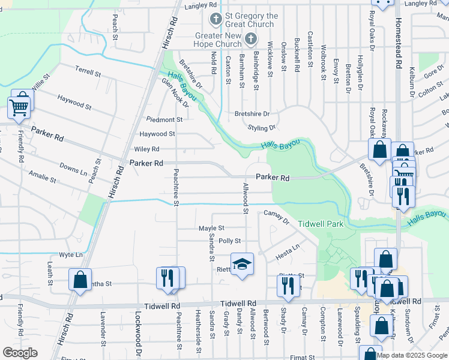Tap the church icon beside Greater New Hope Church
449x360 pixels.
(251, 40)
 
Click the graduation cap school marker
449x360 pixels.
(242, 265)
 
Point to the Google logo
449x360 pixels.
(20, 353)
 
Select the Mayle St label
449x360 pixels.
(211, 228)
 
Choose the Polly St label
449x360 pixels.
(229, 241)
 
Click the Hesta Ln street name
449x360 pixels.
(287, 248)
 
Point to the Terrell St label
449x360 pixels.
(88, 72)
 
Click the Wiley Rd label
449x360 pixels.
(146, 149)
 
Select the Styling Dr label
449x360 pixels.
(262, 128)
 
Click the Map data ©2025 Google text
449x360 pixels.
(412, 355)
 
